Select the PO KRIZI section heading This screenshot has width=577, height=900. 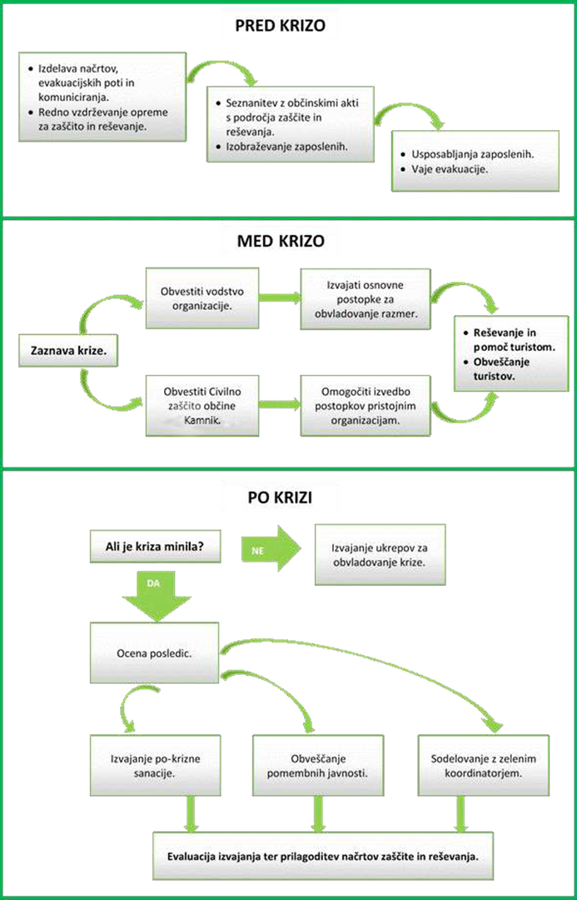281,499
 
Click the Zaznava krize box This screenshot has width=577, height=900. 68,352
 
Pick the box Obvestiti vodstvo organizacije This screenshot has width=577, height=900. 201,297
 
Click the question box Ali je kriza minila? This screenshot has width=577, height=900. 155,547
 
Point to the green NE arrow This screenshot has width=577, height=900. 271,548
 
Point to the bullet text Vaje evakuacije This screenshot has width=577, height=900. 450,168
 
